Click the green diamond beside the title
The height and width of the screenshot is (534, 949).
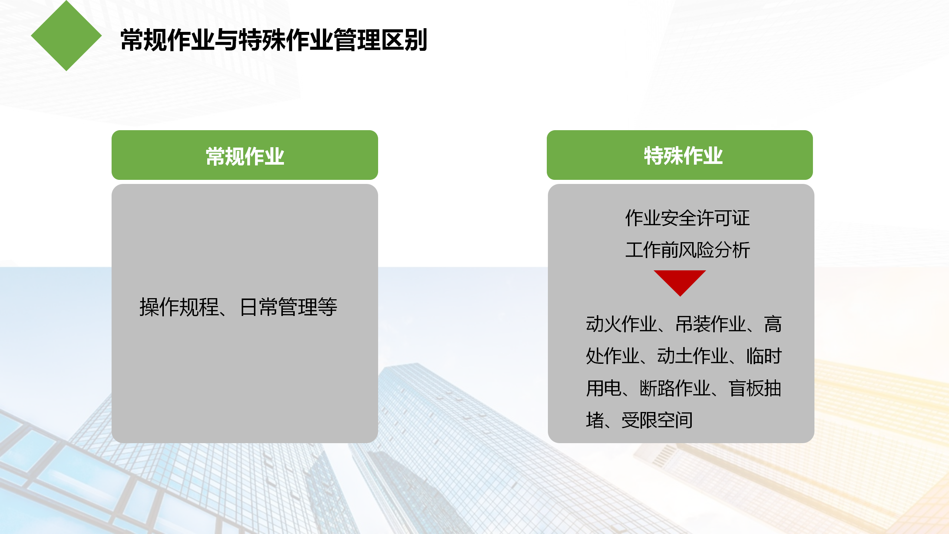[x=66, y=36]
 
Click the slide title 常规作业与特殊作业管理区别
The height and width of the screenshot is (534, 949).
[x=274, y=40]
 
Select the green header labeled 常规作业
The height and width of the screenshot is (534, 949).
[x=245, y=155]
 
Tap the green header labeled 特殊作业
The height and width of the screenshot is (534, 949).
[x=680, y=155]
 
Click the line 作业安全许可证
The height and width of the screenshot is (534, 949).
[x=688, y=218]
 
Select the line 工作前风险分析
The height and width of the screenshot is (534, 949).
[x=688, y=250]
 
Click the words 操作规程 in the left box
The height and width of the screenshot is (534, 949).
[x=179, y=307]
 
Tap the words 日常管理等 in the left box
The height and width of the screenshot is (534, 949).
[x=289, y=307]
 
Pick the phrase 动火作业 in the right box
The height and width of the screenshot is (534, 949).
[x=621, y=324]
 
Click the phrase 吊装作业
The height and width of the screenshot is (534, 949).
[x=711, y=324]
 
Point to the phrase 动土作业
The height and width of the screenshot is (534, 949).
[x=692, y=356]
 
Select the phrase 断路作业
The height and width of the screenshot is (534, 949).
[x=675, y=388]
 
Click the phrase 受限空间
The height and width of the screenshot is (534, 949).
[x=657, y=420]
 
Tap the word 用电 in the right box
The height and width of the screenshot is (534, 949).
[x=604, y=388]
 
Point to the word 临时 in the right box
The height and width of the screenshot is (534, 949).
[x=764, y=356]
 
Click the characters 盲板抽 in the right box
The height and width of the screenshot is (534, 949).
[x=755, y=388]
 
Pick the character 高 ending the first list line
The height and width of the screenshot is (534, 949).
[x=773, y=324]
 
